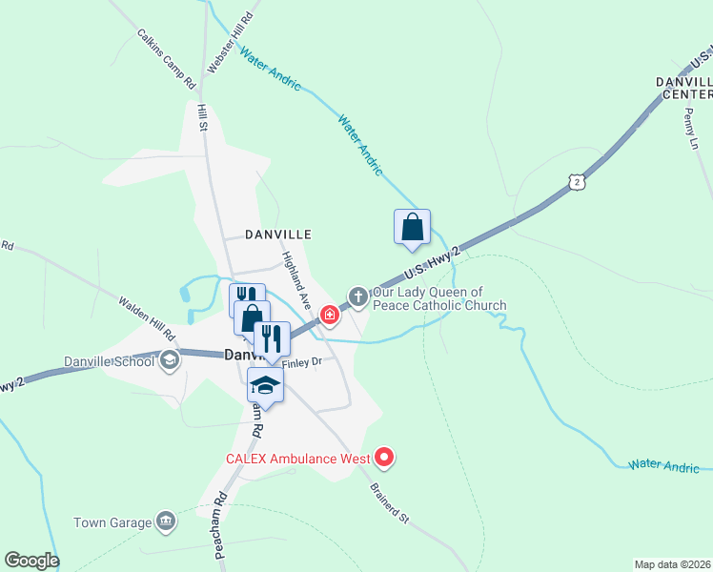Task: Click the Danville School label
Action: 109,361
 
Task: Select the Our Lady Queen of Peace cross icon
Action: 357,296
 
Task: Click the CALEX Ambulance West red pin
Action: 385,459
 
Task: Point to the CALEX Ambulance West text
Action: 297,459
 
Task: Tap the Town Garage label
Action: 113,522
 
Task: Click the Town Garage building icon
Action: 166,521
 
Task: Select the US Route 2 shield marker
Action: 574,182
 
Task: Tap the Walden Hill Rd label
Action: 147,319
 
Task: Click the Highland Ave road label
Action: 296,278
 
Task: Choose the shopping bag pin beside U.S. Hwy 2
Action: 412,229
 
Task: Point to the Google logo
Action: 31,561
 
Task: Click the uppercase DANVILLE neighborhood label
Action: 278,234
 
